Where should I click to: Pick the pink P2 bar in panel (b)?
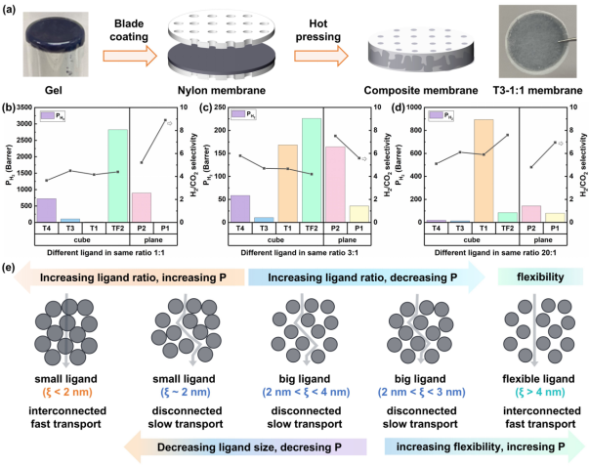(x=141, y=207)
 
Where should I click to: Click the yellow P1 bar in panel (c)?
(x=358, y=214)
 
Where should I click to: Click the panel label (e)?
(x=9, y=267)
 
